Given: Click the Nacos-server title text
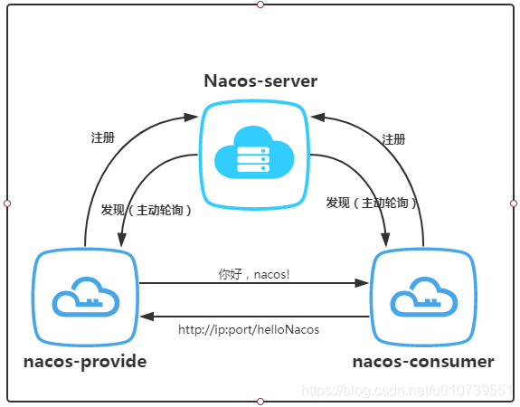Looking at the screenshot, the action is [x=260, y=80].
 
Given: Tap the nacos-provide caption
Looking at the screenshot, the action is [x=85, y=362].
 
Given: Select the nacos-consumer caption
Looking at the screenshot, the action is [x=423, y=362].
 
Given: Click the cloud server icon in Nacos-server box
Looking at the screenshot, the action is [x=254, y=152].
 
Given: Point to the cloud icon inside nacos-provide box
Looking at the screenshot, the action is [x=86, y=297].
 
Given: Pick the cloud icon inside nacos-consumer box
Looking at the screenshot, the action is [x=424, y=297].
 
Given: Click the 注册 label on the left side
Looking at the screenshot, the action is [x=103, y=137].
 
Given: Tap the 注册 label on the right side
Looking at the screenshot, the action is [x=393, y=139].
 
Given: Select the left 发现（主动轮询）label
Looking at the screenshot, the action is [x=147, y=210].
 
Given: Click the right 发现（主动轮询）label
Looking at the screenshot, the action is [x=372, y=203].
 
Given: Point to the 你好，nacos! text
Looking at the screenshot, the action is [x=254, y=274].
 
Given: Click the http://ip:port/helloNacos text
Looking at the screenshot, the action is [x=249, y=330].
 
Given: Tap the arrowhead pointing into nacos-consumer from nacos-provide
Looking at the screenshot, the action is [x=362, y=283].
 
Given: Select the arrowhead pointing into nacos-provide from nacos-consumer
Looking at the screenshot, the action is [x=147, y=317].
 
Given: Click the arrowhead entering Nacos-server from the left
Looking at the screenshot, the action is [x=191, y=118].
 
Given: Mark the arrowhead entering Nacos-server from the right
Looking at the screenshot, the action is [x=317, y=117].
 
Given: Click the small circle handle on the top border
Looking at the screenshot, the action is [x=260, y=5].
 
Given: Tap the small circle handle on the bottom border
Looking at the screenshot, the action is [x=260, y=402].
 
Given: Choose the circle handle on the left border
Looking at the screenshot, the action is [x=7, y=203].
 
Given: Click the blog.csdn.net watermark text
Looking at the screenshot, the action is [x=407, y=391].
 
